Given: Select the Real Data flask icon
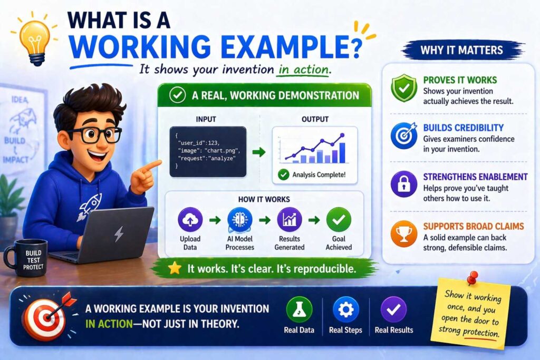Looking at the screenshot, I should click(x=299, y=309).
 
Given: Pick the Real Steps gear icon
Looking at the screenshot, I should click(x=345, y=309).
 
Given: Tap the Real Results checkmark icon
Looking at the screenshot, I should click(x=393, y=309).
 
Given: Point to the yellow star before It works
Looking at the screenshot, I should click(x=175, y=269).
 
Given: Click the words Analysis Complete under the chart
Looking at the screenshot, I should click(x=319, y=174).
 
